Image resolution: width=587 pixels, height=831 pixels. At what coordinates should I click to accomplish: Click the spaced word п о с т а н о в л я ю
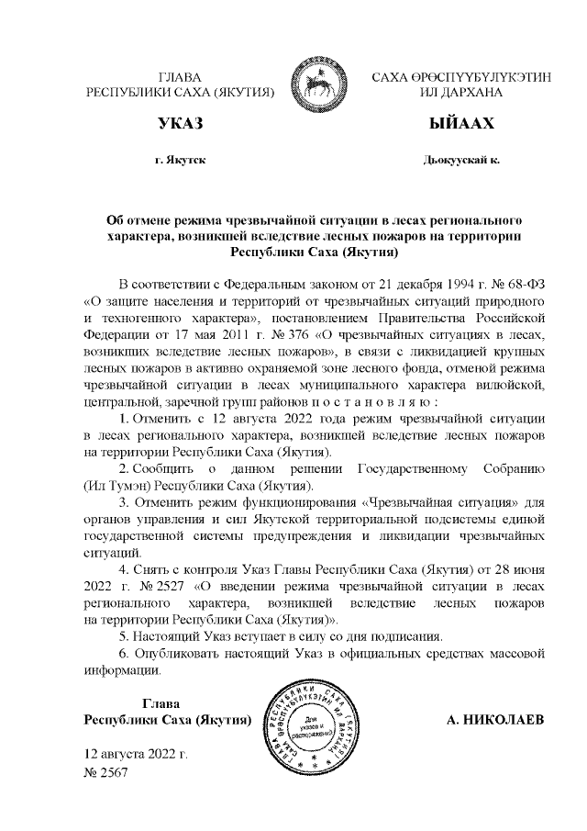364,402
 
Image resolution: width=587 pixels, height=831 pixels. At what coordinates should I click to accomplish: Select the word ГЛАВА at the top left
180,78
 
